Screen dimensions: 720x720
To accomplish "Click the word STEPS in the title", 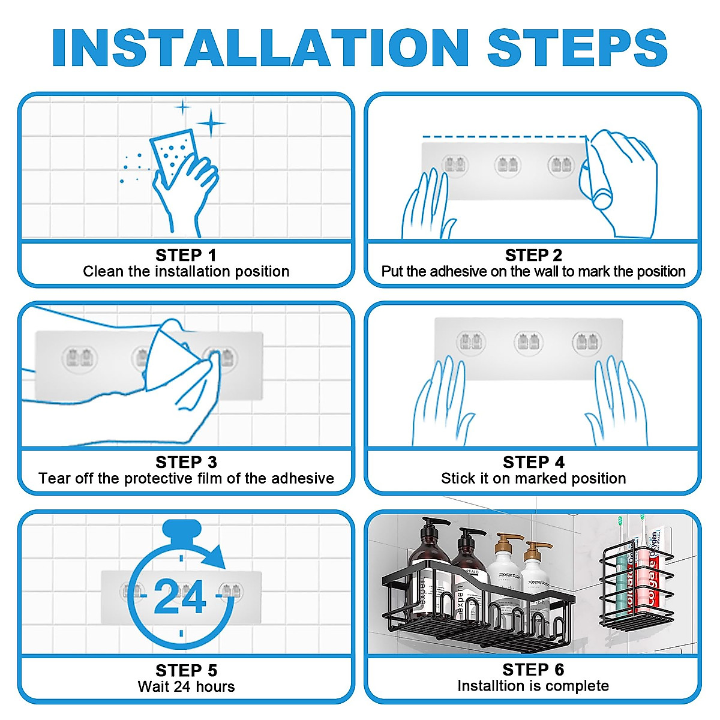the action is [577, 47].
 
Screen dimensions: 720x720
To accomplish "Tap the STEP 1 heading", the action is [186, 256].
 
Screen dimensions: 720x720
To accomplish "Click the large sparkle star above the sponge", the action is [211, 123].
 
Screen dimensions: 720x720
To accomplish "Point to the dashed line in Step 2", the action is [505, 137].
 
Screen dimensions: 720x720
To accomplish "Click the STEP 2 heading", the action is [533, 256].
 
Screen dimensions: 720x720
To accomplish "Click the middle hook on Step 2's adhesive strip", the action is [508, 165].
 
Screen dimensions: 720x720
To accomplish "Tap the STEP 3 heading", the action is [186, 462].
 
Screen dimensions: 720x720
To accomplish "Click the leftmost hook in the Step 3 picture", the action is [80, 358].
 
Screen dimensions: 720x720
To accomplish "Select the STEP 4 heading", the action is [533, 462].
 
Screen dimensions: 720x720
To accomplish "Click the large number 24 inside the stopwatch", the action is [180, 596].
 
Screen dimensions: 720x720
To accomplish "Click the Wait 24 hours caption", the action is [186, 687].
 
